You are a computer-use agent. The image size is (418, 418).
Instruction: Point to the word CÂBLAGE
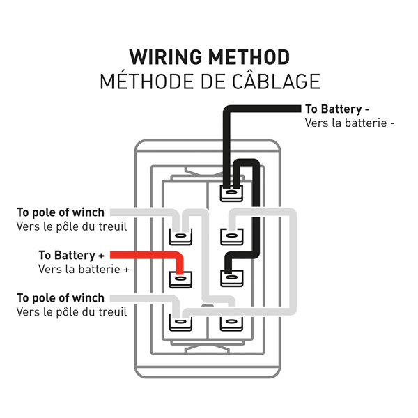point(276,81)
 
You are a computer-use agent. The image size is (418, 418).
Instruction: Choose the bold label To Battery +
point(72,256)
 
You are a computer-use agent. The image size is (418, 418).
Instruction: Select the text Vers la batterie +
point(84,269)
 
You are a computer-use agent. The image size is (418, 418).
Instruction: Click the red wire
point(146,256)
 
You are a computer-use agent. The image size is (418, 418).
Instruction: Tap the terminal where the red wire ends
point(180,279)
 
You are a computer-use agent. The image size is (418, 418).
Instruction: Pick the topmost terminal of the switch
point(230,192)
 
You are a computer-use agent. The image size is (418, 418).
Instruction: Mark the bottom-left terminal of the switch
point(180,323)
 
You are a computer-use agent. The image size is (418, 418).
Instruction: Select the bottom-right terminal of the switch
point(230,323)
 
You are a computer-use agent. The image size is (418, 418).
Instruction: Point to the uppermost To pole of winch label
point(61,212)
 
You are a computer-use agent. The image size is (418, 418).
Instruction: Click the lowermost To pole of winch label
point(61,298)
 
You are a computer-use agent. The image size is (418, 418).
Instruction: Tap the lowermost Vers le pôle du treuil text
point(71,311)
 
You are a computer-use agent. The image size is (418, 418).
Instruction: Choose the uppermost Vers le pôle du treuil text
point(71,226)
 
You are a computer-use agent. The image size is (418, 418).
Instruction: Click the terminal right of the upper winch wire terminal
point(230,236)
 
